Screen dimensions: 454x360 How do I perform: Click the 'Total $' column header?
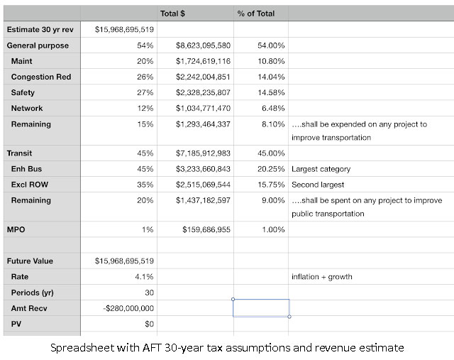[x=172, y=13]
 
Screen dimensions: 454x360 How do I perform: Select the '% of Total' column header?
[x=256, y=13]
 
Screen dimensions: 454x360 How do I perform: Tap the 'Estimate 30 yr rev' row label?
[x=40, y=30]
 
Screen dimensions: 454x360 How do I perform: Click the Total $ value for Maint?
[x=203, y=61]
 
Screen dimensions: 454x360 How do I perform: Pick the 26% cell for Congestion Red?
[x=145, y=77]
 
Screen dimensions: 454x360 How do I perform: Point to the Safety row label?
[x=23, y=92]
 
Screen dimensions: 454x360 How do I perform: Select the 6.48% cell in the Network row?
[x=273, y=108]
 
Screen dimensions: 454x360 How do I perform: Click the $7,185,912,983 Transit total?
[x=203, y=153]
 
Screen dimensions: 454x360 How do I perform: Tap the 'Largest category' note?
[x=321, y=169]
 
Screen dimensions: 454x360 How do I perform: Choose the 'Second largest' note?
[x=318, y=185]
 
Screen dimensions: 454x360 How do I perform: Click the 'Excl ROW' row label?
[x=30, y=185]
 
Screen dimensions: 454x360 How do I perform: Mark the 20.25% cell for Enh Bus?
[x=271, y=169]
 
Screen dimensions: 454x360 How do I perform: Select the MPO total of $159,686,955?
[x=206, y=229]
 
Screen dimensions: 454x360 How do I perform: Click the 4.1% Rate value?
[x=144, y=277]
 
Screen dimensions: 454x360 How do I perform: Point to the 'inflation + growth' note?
[x=321, y=277]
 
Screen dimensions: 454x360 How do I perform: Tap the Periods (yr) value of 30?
[x=149, y=293]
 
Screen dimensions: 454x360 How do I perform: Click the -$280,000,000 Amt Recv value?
[x=128, y=308]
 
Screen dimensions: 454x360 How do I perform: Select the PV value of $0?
[x=149, y=324]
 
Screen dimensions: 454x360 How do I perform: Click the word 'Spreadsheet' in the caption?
[x=82, y=348]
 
